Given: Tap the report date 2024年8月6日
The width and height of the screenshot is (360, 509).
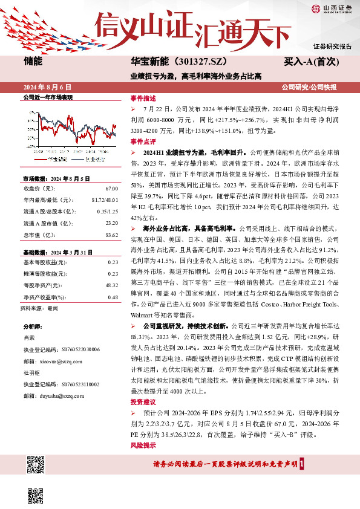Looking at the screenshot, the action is (x=51, y=87).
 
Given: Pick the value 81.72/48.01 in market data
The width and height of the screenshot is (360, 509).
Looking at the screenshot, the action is (x=104, y=199).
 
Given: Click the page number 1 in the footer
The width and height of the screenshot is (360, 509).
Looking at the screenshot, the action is (x=310, y=464).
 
